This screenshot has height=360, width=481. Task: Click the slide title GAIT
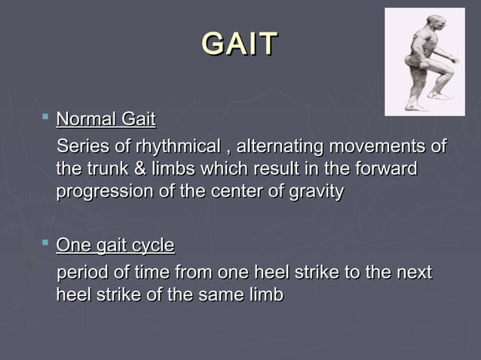[x=240, y=44]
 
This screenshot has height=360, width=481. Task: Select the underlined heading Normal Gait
[x=106, y=119]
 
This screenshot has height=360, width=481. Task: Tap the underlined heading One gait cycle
[x=115, y=246]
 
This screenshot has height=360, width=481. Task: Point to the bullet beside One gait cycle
[x=45, y=243]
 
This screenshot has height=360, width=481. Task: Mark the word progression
[x=104, y=192]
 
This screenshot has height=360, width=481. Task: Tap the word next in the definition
[x=412, y=272]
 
